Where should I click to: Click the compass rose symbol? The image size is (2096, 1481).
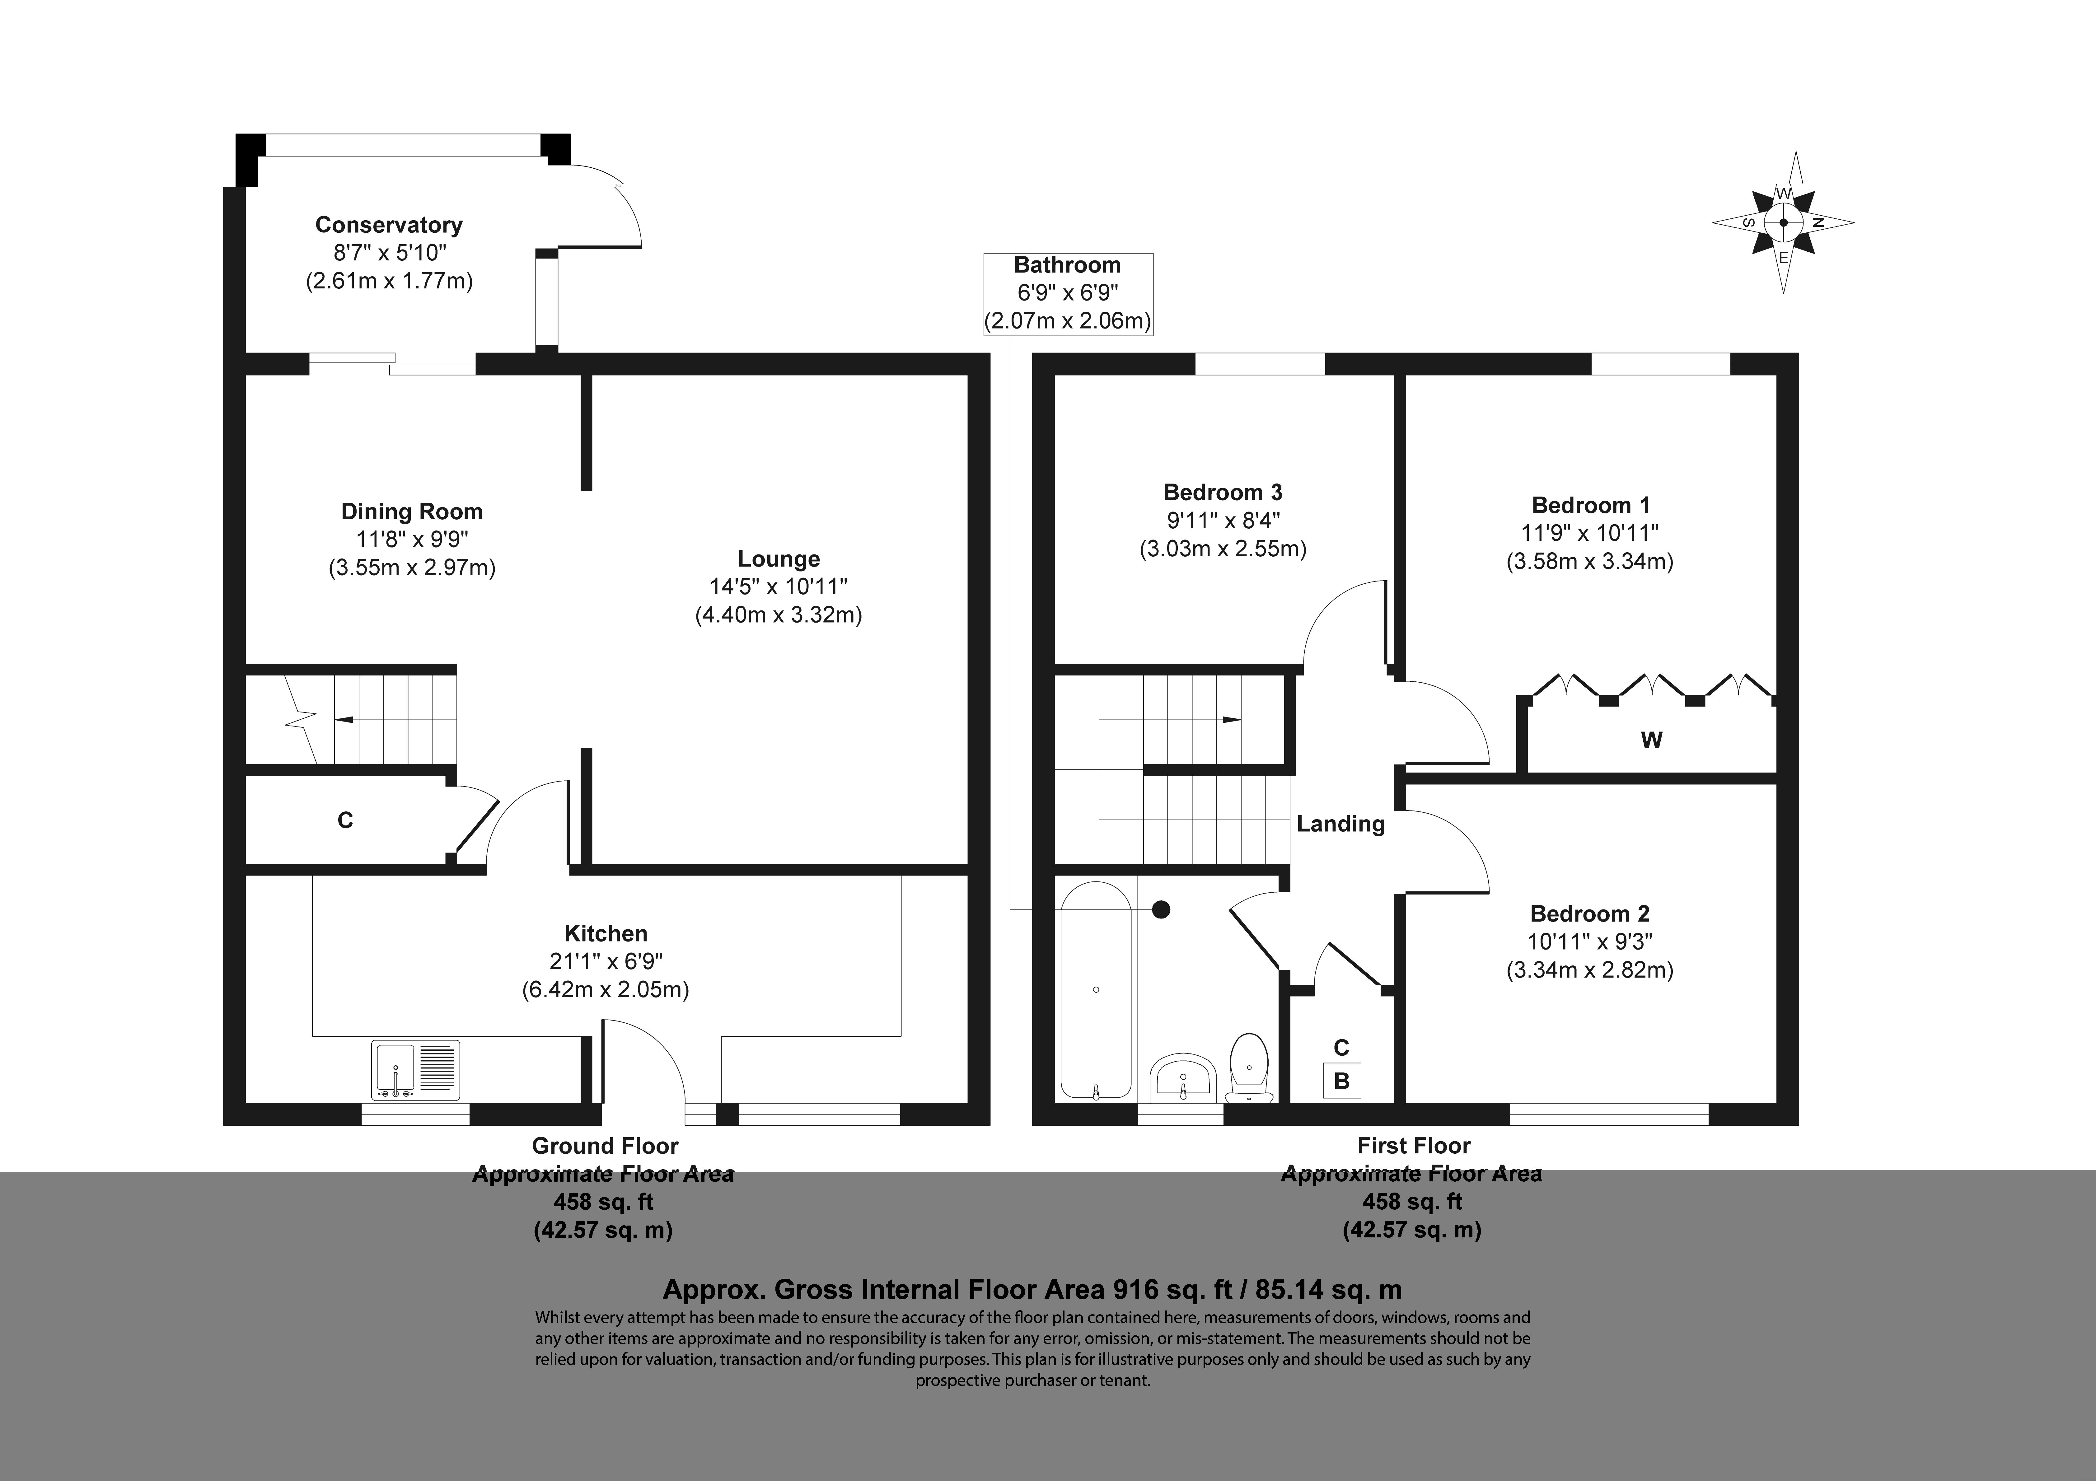click(1783, 222)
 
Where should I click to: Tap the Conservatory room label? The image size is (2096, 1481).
click(389, 225)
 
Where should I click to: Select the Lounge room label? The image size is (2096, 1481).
click(779, 559)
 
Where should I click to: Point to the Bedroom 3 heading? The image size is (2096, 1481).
click(1222, 493)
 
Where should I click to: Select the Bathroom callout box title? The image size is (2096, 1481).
click(1067, 265)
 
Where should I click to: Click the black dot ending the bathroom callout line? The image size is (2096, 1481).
click(1161, 909)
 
